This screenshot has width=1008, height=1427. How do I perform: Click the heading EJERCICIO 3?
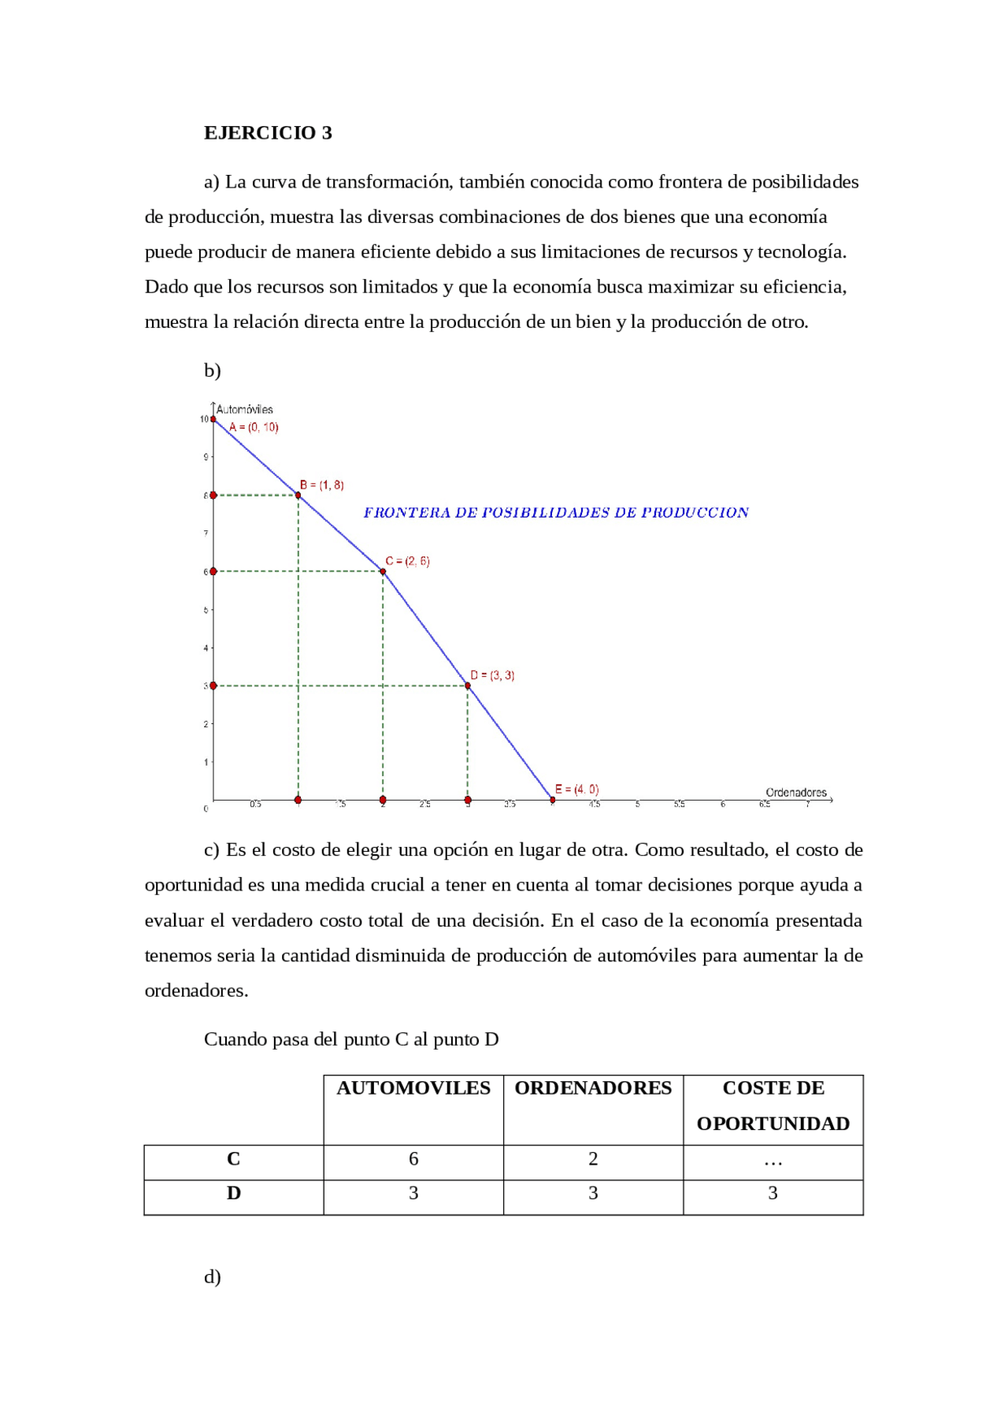268,132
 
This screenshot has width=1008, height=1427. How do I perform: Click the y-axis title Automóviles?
244,409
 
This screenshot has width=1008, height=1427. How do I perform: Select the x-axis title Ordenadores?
795,792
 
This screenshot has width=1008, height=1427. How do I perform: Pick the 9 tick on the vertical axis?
206,457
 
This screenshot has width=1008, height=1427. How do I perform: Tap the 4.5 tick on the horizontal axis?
595,805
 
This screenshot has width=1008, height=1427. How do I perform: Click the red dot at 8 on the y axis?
213,495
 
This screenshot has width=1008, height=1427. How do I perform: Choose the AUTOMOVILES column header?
413,1088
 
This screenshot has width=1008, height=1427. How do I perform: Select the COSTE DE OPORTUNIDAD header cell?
773,1106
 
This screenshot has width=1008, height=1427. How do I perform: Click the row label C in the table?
233,1159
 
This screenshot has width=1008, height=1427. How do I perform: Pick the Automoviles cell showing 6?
413,1159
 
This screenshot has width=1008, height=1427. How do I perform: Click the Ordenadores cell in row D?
593,1194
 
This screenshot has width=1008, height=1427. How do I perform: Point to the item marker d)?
212,1276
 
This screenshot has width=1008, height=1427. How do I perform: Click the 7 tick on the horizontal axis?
807,805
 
